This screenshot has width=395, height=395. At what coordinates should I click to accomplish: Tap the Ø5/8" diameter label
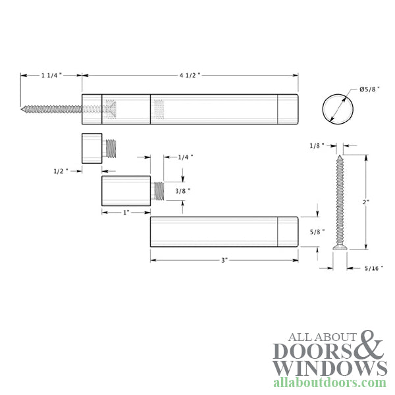click(368, 90)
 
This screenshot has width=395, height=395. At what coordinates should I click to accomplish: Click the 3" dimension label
click(224, 260)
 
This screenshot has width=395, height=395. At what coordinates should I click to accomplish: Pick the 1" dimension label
click(125, 213)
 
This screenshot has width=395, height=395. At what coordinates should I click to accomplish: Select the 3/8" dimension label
click(184, 192)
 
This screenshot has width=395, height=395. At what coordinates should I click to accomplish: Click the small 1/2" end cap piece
click(92, 147)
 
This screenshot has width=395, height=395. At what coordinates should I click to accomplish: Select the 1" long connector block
click(126, 191)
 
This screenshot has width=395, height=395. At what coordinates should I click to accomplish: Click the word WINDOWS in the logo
click(329, 367)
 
